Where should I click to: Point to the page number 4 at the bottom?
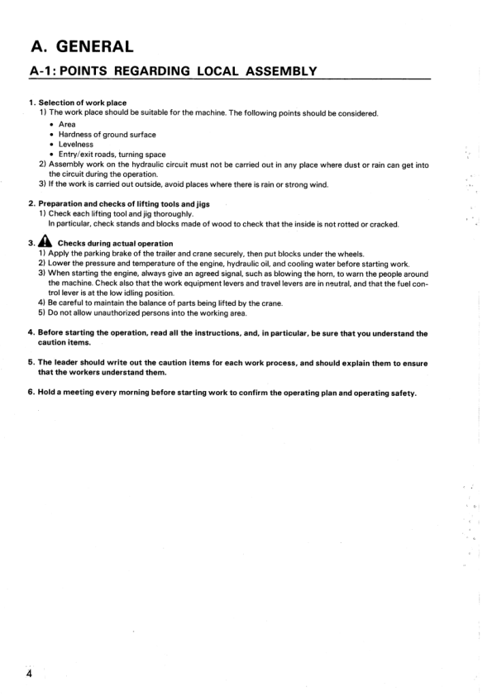tap(29, 674)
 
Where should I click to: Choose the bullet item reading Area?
tap(67, 124)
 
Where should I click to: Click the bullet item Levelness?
tap(77, 144)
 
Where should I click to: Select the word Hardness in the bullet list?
tap(76, 134)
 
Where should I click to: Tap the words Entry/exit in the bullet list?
tap(81, 154)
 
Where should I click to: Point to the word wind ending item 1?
tap(318, 184)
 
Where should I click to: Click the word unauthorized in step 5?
tap(107, 312)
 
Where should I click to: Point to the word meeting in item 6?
tap(79, 392)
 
